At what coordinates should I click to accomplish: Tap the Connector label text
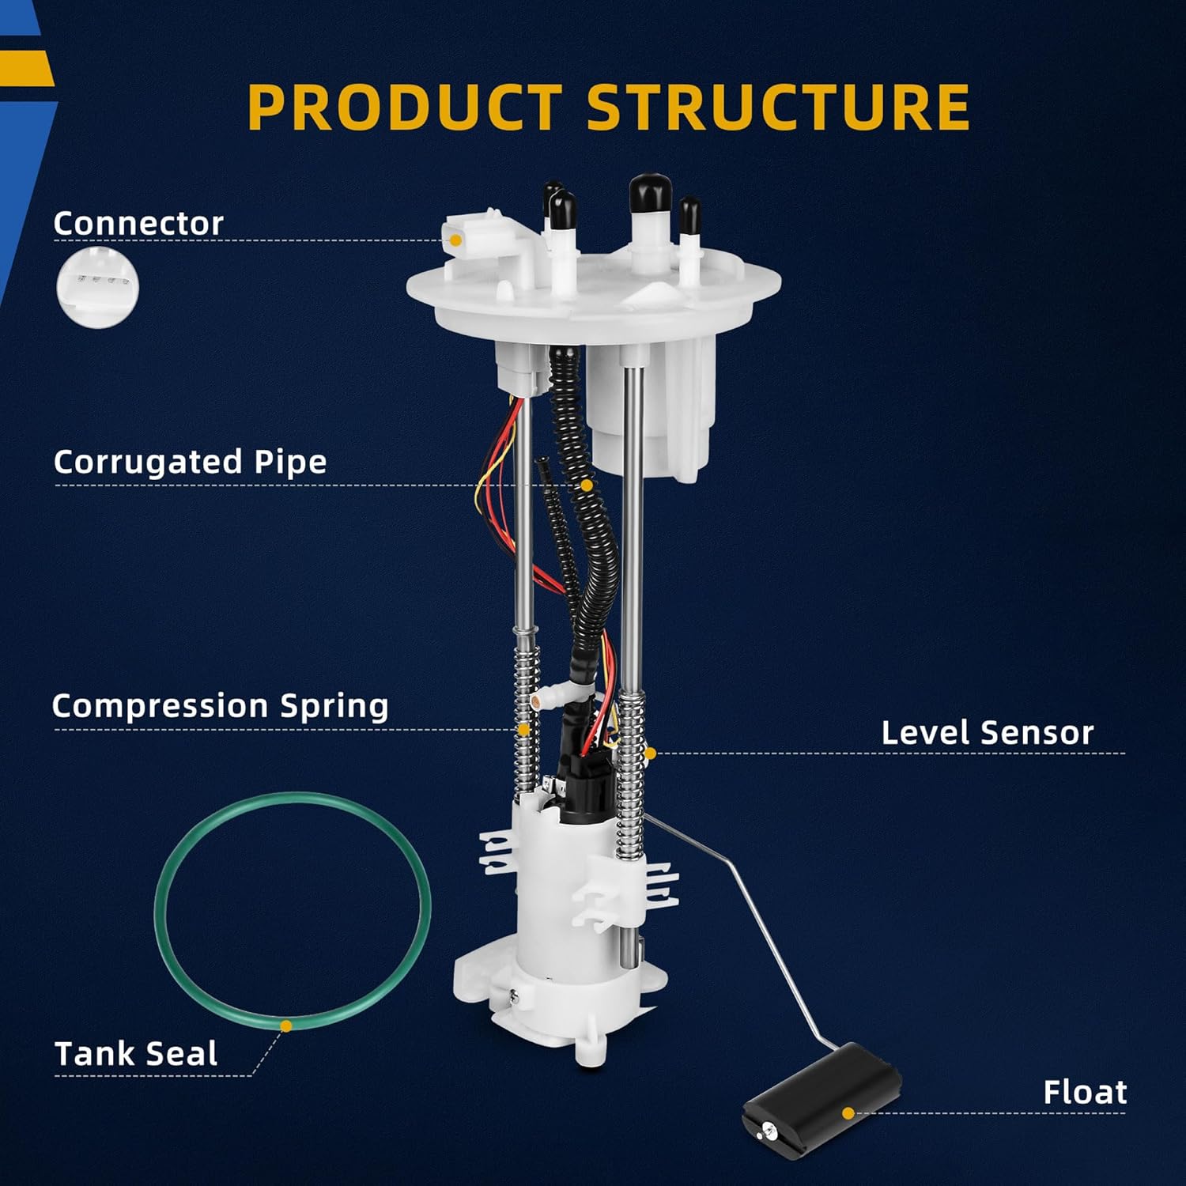(x=138, y=224)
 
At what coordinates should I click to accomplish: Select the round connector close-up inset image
(x=97, y=287)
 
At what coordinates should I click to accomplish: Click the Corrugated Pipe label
(x=190, y=462)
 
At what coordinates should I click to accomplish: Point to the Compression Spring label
(x=220, y=706)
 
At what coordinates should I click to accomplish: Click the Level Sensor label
(x=987, y=733)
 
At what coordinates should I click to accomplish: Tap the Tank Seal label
(x=136, y=1054)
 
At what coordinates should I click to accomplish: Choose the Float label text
(x=1084, y=1092)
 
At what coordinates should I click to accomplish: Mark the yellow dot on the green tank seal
(x=286, y=1025)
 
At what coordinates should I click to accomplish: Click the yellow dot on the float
(x=848, y=1112)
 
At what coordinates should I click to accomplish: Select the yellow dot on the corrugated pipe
(x=587, y=485)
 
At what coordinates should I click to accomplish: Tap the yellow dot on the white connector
(x=455, y=240)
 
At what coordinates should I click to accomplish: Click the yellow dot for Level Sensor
(x=650, y=754)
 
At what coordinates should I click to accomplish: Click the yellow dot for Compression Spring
(x=523, y=730)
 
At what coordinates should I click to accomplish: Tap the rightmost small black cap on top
(x=689, y=211)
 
